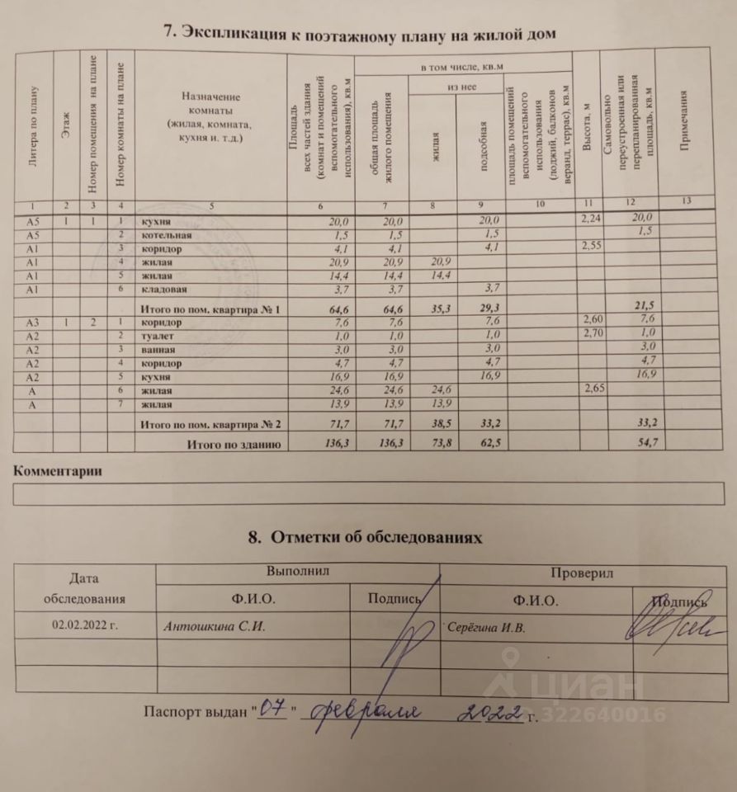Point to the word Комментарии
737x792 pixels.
(x=58, y=472)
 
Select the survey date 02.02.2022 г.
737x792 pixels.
(x=85, y=625)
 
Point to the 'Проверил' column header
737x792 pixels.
(x=585, y=573)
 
